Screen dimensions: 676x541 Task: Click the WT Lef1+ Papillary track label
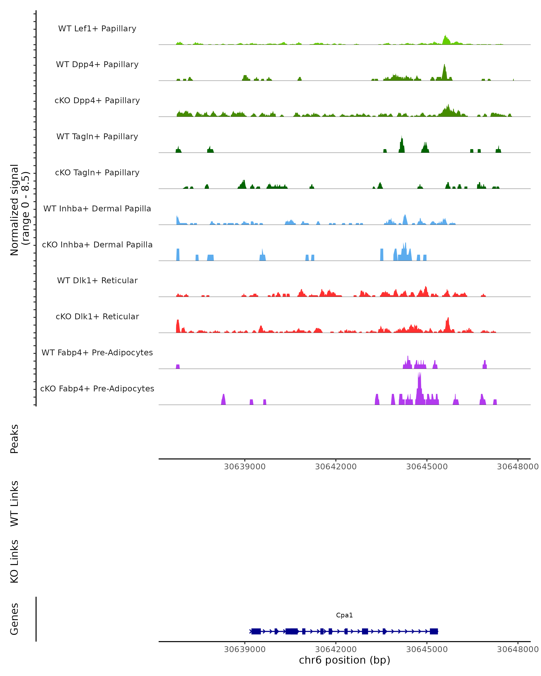[97, 29]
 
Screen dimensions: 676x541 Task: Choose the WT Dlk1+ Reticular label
[97, 280]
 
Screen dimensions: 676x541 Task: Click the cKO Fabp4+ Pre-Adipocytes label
[97, 388]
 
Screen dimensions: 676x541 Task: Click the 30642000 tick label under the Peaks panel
[336, 467]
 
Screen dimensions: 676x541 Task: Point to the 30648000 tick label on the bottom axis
[518, 649]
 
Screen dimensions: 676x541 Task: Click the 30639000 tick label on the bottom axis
[245, 649]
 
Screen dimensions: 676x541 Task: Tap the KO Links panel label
[14, 562]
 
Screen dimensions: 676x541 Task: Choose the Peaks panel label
[14, 439]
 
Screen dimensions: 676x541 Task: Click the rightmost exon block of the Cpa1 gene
[434, 631]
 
